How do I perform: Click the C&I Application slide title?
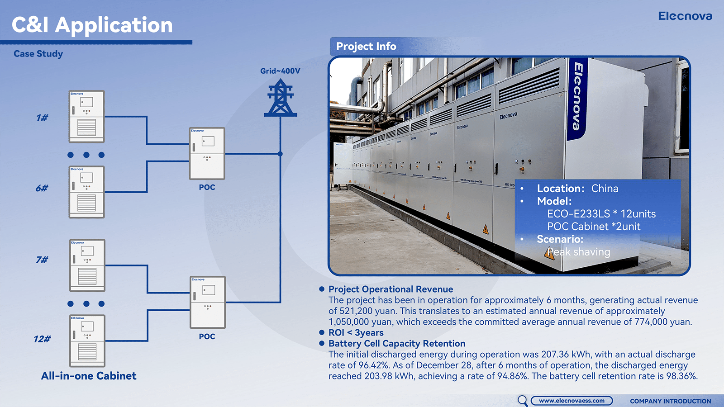pyautogui.click(x=92, y=25)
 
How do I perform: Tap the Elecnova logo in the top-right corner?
pyautogui.click(x=685, y=16)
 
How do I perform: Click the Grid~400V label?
pyautogui.click(x=280, y=71)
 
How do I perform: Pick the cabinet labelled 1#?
pyautogui.click(x=86, y=117)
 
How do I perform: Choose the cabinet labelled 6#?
pyautogui.click(x=86, y=192)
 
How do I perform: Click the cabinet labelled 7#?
pyautogui.click(x=87, y=265)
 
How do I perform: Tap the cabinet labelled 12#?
pyautogui.click(x=87, y=341)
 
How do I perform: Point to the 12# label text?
pyautogui.click(x=42, y=339)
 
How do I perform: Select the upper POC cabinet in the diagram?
pyautogui.click(x=207, y=153)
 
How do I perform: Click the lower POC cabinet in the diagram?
pyautogui.click(x=208, y=303)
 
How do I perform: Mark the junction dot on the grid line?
pyautogui.click(x=280, y=154)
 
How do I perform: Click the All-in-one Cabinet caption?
pyautogui.click(x=89, y=376)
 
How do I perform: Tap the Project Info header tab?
pyautogui.click(x=366, y=46)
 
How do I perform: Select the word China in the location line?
pyautogui.click(x=605, y=188)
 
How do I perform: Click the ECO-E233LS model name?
pyautogui.click(x=578, y=213)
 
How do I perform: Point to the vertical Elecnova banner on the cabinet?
pyautogui.click(x=578, y=99)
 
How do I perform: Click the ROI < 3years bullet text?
pyautogui.click(x=356, y=332)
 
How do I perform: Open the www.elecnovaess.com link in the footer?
pyautogui.click(x=572, y=401)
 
